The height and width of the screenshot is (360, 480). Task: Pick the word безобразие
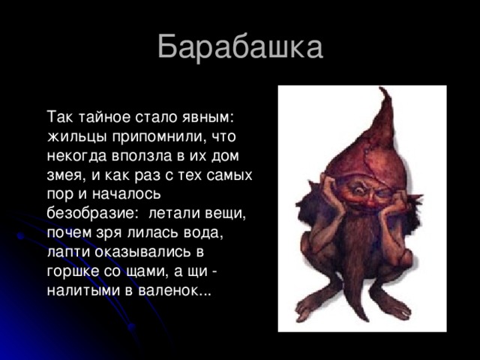pos(90,213)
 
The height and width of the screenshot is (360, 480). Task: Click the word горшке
pos(73,271)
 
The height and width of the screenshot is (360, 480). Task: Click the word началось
pos(126,194)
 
